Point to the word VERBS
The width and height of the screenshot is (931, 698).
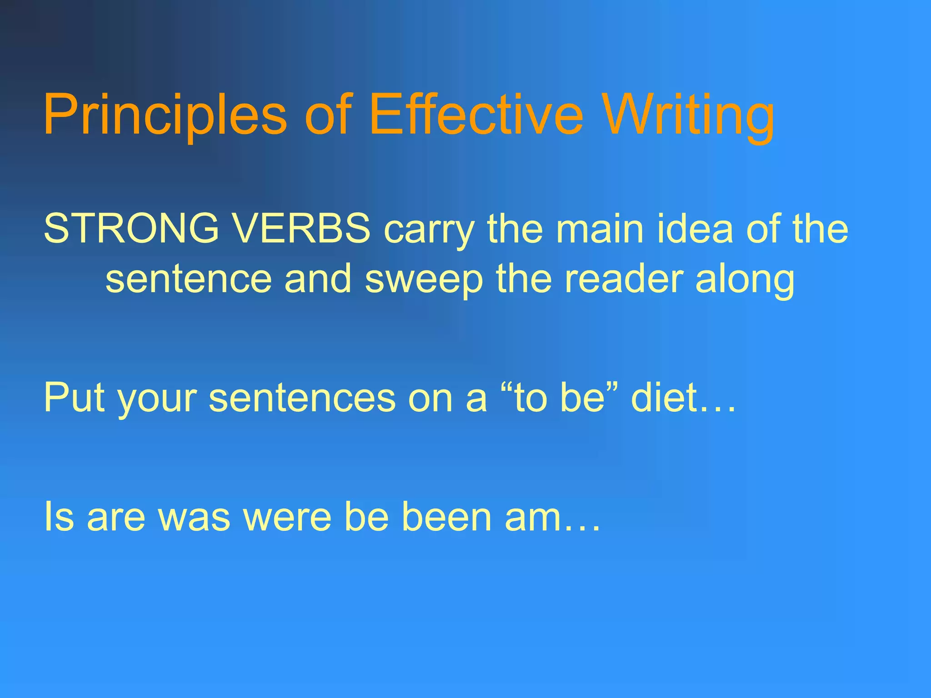click(302, 228)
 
